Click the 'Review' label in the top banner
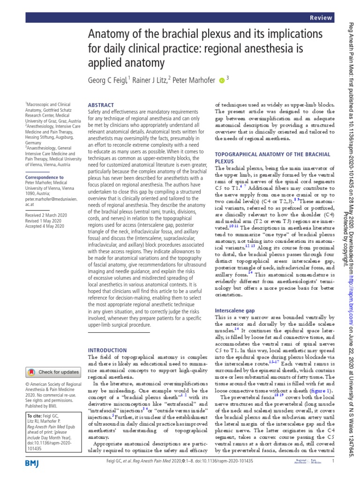click(321, 17)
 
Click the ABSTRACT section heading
click(101, 105)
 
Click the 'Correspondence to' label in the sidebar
click(44, 178)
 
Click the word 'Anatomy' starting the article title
click(111, 35)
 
